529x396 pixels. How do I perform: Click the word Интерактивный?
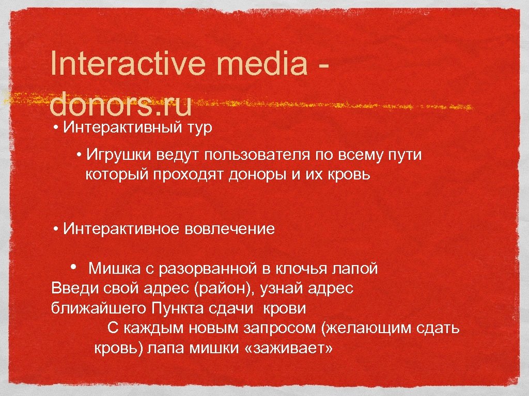click(x=120, y=128)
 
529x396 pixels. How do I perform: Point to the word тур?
click(x=196, y=128)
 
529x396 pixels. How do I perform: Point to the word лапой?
click(x=357, y=269)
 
